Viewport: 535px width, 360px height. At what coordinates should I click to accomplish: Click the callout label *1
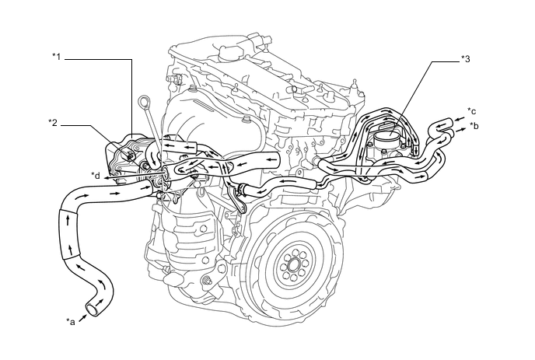[x=56, y=57]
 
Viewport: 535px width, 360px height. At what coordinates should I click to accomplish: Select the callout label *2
[x=53, y=122]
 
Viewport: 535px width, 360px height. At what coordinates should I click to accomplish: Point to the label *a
[x=71, y=320]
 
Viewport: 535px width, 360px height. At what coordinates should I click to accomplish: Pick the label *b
[x=474, y=125]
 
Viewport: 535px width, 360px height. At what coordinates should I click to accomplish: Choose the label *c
[x=472, y=111]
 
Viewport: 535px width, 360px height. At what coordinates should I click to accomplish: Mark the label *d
[x=96, y=174]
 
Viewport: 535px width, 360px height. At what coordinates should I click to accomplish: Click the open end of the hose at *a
[x=93, y=310]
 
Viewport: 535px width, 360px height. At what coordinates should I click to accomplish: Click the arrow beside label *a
[x=82, y=316]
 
